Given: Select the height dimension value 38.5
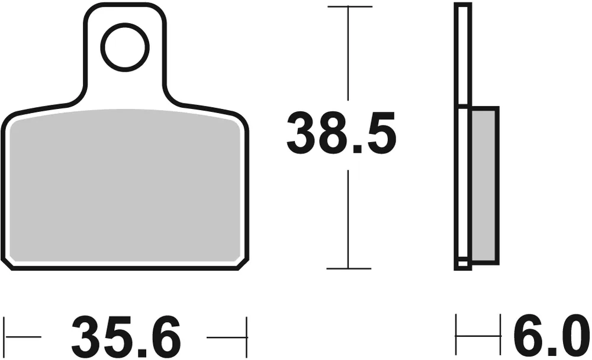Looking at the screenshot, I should coord(342,135).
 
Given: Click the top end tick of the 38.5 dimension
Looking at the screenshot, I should coord(349,7).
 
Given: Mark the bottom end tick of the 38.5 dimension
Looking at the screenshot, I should coord(349,268).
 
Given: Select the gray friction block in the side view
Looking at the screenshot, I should coord(484,185).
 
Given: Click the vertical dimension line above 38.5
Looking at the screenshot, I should coord(349,53).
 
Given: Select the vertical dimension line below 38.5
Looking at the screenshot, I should coord(349,219).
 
